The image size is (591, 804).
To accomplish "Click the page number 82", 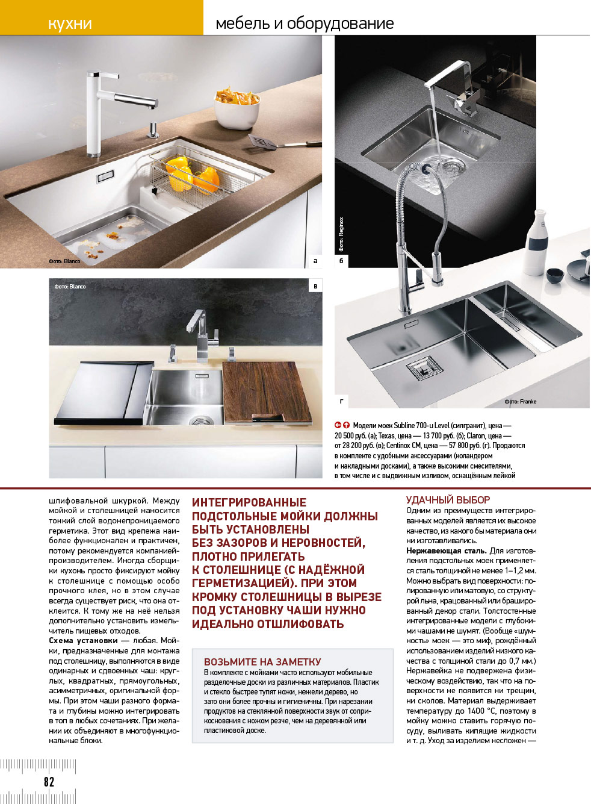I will click(49, 782).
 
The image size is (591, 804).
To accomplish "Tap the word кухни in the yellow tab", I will click(70, 23).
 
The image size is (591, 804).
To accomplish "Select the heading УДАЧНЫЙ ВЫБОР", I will click(448, 500).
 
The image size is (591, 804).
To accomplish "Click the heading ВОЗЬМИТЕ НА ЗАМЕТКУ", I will click(262, 662).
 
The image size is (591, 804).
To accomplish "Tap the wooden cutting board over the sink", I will click(266, 391).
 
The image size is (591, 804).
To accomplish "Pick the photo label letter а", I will click(315, 261).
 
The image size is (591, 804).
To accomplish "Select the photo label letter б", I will click(341, 261).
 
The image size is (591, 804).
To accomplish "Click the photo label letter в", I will click(315, 286).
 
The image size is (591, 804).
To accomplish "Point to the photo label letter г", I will click(341, 401).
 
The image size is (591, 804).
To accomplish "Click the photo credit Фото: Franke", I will click(520, 402).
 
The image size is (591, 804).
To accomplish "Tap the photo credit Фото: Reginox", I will click(341, 234).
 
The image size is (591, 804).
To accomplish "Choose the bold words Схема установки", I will click(83, 641).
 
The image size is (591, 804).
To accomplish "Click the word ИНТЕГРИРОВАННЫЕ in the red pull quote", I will click(249, 502).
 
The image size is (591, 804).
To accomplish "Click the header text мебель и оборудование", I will click(305, 23).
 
